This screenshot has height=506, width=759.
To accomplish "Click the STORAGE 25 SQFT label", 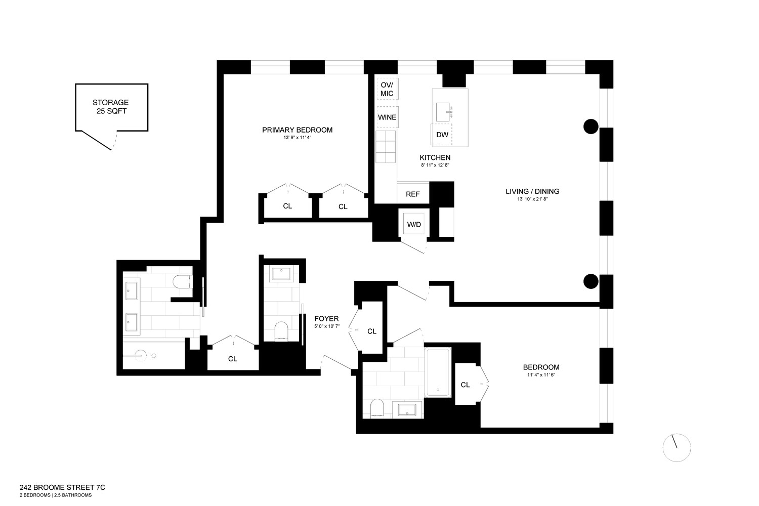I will tap(110, 106).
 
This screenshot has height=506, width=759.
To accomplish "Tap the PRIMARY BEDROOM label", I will tap(297, 130).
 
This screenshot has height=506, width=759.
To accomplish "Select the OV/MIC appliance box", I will tap(387, 89).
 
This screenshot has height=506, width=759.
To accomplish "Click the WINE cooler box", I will tap(387, 117).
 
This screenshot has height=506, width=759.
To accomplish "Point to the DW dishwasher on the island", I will tap(442, 135).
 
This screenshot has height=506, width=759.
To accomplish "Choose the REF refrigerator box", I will tap(413, 194).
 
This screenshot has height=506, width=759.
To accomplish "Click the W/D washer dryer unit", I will tap(414, 224).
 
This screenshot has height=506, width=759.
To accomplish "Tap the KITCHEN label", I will tap(435, 158).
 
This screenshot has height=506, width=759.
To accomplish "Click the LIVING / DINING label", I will tap(532, 191).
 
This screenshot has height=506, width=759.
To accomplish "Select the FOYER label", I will tap(326, 319).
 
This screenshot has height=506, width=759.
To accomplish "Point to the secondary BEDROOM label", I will tap(541, 367).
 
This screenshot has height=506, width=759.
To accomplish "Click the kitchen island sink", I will tap(443, 111).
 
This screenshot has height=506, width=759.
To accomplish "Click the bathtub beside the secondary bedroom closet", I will tap(438, 372).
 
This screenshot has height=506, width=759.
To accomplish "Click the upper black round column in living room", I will tap(591, 126).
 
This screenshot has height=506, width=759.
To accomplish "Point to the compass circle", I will tap(677, 447).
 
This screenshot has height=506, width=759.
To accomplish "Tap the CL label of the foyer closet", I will tap(372, 331).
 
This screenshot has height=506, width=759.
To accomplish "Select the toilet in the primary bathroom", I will tap(181, 281).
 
